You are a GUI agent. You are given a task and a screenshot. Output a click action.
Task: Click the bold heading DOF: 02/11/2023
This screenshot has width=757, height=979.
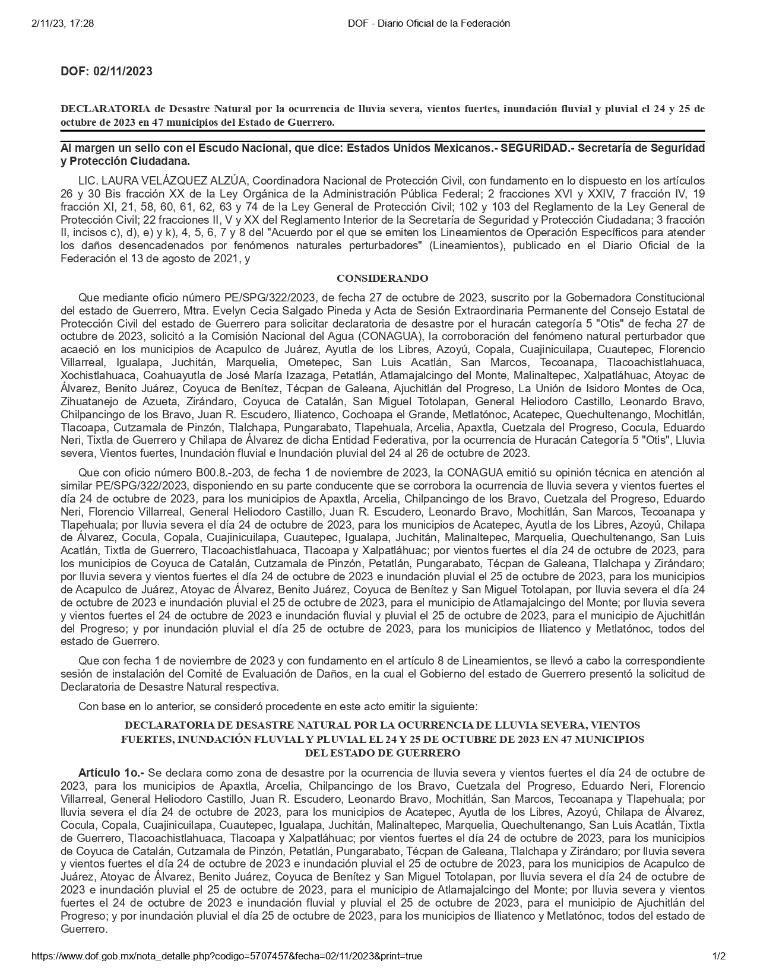pyautogui.click(x=106, y=71)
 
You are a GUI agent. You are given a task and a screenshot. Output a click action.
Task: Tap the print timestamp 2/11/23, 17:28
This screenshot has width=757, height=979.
pyautogui.click(x=61, y=23)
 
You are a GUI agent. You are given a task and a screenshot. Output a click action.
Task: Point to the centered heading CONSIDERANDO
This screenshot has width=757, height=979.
pyautogui.click(x=382, y=278)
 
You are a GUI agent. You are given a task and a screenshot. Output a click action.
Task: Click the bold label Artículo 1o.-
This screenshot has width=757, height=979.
pyautogui.click(x=111, y=773)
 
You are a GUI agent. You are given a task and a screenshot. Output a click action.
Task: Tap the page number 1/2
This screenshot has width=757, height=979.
pyautogui.click(x=718, y=956)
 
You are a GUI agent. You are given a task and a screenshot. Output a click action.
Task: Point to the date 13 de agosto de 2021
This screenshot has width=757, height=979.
pyautogui.click(x=178, y=259)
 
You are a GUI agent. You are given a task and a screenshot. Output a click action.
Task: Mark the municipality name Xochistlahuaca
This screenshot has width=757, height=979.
pyautogui.click(x=96, y=376)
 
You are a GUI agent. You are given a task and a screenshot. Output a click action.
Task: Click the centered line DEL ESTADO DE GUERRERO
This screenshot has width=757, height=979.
pyautogui.click(x=382, y=753)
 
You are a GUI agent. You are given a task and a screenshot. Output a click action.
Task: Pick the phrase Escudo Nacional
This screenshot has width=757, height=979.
pyautogui.click(x=243, y=148)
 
